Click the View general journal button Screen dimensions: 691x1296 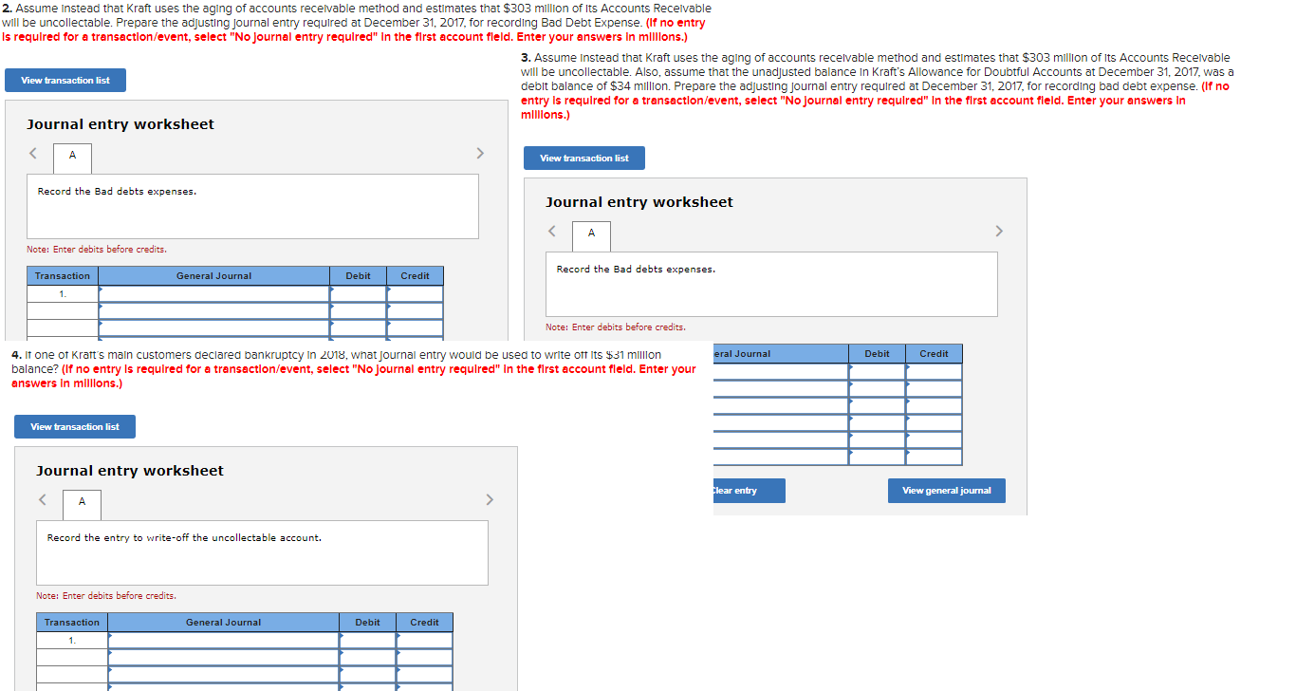(946, 491)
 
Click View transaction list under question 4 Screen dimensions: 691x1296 (75, 427)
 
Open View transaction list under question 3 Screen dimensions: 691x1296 (583, 159)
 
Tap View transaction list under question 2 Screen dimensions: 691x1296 (65, 81)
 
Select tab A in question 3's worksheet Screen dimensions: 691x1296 (591, 233)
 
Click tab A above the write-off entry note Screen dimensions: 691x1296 (82, 502)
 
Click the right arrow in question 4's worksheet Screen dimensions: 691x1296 (490, 499)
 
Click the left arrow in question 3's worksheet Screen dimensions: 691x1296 (552, 232)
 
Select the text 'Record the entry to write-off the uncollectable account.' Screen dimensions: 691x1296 (184, 538)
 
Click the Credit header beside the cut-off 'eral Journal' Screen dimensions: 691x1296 (934, 354)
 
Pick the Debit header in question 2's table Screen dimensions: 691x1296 (358, 276)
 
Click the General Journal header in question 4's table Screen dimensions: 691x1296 (223, 623)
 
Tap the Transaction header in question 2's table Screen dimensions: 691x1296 (63, 276)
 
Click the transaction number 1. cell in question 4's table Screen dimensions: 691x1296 (72, 641)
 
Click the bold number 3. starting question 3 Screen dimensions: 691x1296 (527, 58)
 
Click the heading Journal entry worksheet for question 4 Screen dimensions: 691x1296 (130, 471)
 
